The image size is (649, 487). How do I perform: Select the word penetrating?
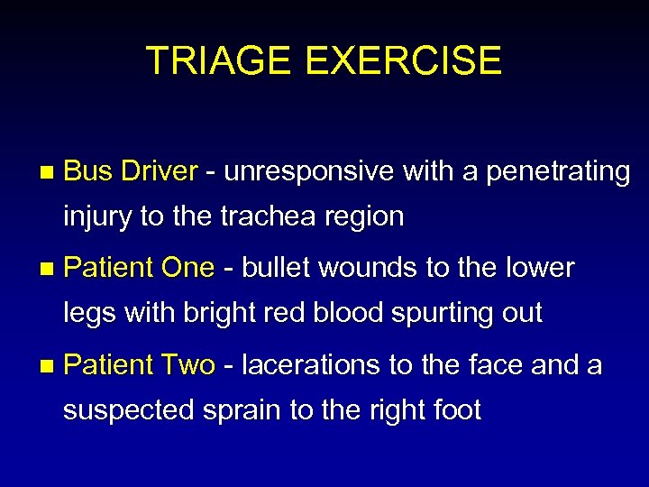(x=558, y=171)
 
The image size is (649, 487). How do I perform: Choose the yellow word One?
(x=187, y=268)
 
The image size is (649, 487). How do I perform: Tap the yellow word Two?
(x=187, y=365)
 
